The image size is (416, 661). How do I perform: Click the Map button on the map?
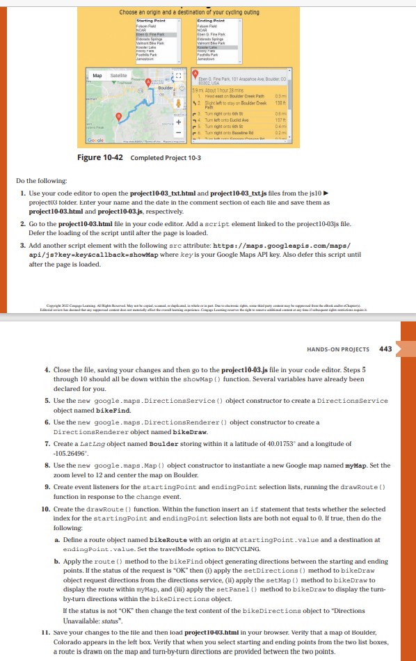98,75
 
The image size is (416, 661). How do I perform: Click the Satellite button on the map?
118,75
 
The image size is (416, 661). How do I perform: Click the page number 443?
386,349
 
